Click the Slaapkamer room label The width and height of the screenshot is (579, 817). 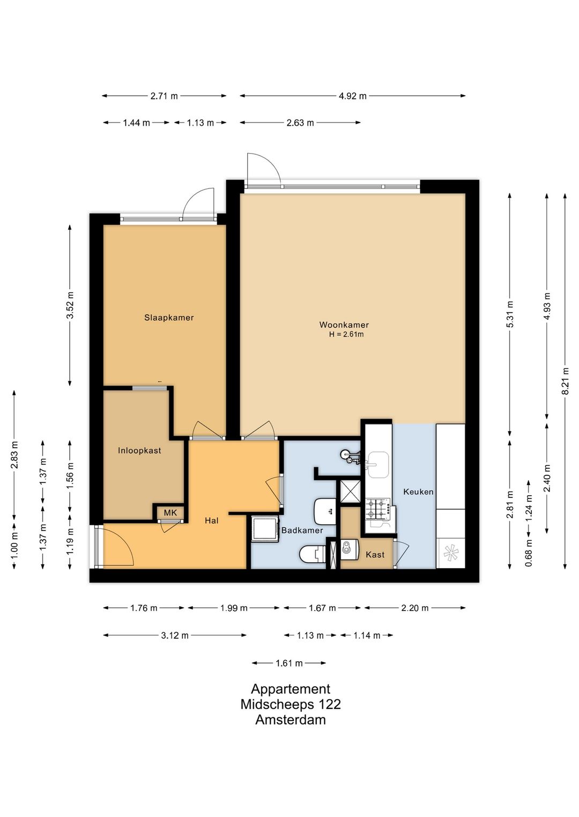pyautogui.click(x=169, y=317)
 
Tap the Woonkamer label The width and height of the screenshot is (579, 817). pyautogui.click(x=344, y=324)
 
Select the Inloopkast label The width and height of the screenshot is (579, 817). pyautogui.click(x=139, y=450)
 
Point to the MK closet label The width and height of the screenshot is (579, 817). pyautogui.click(x=170, y=513)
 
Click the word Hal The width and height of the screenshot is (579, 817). pyautogui.click(x=212, y=520)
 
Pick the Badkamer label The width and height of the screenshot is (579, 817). pyautogui.click(x=302, y=531)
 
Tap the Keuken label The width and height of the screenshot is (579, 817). pyautogui.click(x=418, y=491)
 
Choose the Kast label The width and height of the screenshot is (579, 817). pyautogui.click(x=375, y=555)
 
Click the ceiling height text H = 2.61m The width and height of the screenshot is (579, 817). pyautogui.click(x=346, y=334)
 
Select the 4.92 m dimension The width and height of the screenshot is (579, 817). pyautogui.click(x=353, y=96)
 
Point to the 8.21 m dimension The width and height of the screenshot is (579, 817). pyautogui.click(x=565, y=381)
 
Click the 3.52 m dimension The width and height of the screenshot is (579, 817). pyautogui.click(x=70, y=305)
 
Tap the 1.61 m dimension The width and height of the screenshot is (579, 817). pyautogui.click(x=289, y=663)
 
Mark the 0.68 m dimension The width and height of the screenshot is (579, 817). pyautogui.click(x=529, y=553)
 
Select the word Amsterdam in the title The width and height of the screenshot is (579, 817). pyautogui.click(x=291, y=720)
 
